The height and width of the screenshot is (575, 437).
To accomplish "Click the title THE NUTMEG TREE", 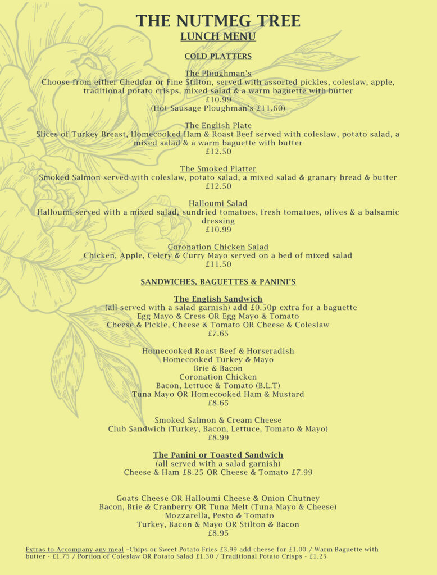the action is (x=218, y=21).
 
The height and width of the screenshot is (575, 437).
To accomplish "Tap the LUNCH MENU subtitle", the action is (x=218, y=37).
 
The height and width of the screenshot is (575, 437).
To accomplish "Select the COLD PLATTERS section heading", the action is (x=218, y=56).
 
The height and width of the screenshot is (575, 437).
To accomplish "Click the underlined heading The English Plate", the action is (x=218, y=125).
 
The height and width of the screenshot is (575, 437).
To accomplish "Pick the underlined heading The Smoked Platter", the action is (x=218, y=168).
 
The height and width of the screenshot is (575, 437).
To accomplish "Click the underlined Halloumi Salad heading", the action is (x=218, y=203).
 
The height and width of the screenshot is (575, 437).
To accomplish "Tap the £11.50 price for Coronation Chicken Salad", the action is (x=218, y=264).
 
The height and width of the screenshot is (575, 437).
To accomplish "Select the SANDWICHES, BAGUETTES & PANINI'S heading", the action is (x=218, y=281).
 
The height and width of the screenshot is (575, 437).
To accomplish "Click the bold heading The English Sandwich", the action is (x=218, y=299).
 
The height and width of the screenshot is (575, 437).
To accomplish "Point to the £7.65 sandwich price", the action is (x=218, y=334).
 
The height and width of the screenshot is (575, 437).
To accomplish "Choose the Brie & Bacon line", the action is (x=218, y=368).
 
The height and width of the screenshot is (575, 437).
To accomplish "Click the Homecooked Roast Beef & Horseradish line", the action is (x=218, y=351).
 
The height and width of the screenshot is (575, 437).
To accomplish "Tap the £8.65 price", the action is (x=218, y=403).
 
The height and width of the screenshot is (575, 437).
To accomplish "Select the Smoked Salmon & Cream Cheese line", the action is (x=218, y=420).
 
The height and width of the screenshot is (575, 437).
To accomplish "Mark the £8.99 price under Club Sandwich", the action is (x=218, y=437).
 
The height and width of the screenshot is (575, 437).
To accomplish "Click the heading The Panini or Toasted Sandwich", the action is (x=218, y=455).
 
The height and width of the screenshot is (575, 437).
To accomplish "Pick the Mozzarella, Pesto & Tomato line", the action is (x=218, y=515).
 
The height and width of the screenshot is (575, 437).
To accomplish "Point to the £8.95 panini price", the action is (x=218, y=533).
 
